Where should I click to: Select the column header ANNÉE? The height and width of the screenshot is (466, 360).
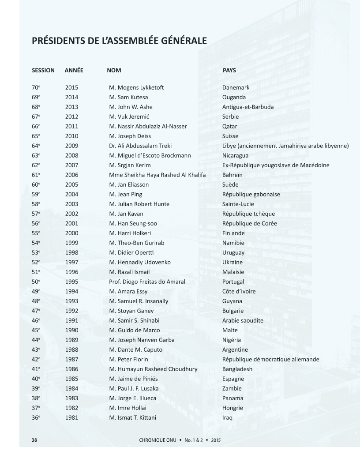point(74,70)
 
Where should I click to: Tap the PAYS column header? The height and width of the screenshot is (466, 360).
point(229,70)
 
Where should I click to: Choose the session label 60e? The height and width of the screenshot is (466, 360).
point(36,184)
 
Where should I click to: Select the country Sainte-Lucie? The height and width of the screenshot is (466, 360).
point(238,204)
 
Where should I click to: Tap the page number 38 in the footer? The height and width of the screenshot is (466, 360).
point(34,440)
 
